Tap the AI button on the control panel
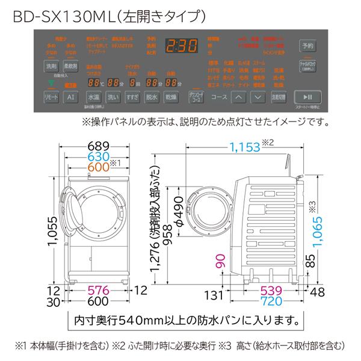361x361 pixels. coord(71,97)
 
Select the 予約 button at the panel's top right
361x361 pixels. coord(307,46)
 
